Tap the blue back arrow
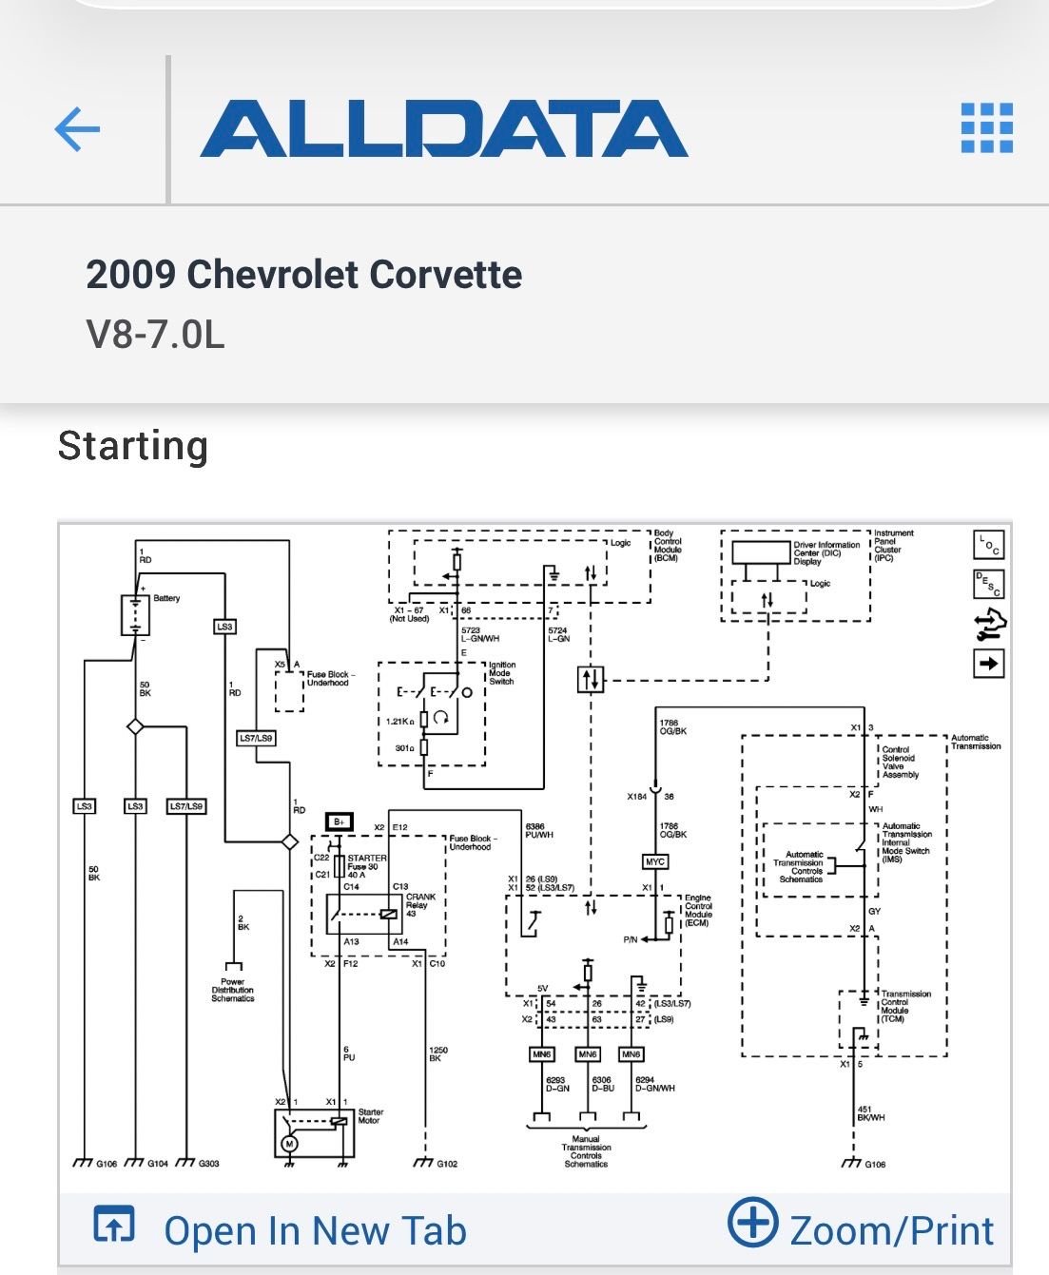(77, 129)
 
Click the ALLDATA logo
(443, 129)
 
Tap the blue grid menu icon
(986, 128)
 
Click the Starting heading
(133, 446)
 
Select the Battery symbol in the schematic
(136, 614)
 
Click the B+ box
(338, 821)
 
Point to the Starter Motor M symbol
(290, 1144)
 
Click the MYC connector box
(655, 861)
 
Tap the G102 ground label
(447, 1164)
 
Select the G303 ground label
(208, 1164)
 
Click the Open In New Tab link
(314, 1230)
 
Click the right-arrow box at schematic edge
(989, 663)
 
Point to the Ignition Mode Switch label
(501, 673)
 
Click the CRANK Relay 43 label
(421, 905)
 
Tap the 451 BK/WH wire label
(871, 1112)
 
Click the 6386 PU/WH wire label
(539, 831)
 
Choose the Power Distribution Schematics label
(233, 990)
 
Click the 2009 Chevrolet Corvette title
(303, 275)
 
